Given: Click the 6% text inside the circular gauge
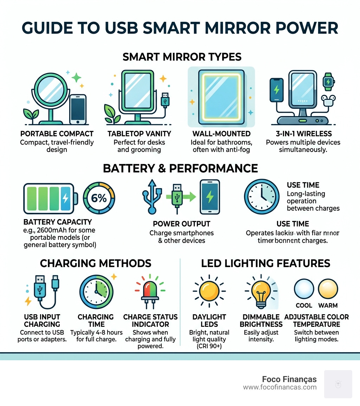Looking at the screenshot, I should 99,198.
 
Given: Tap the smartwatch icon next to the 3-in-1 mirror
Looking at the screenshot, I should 328,81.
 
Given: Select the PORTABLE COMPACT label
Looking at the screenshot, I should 57,134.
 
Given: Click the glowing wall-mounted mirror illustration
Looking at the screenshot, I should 221,97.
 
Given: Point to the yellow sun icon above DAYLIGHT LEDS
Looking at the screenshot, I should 209,291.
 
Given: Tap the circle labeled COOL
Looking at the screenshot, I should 304,290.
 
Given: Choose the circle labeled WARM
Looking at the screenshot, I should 328,290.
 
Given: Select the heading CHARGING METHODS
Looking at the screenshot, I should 96,263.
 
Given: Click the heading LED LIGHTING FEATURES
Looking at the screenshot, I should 265,263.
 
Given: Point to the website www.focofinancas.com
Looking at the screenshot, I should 280,387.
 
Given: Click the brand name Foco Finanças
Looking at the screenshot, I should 289,379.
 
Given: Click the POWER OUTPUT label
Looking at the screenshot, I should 181,224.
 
